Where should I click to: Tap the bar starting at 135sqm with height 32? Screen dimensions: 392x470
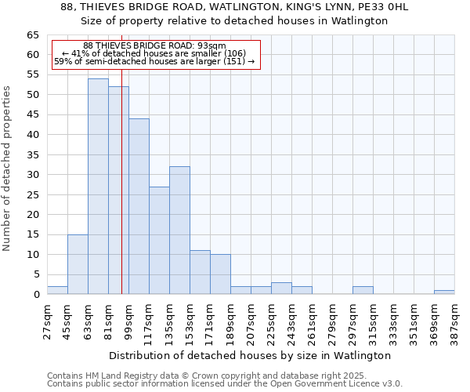[179, 230]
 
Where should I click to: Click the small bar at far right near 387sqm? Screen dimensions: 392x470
[444, 292]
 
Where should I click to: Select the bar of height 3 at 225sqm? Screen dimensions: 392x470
[281, 289]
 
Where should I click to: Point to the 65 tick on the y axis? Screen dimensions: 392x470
[32, 35]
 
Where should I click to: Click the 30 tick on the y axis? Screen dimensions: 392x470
[32, 175]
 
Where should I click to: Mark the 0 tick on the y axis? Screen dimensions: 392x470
[35, 295]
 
